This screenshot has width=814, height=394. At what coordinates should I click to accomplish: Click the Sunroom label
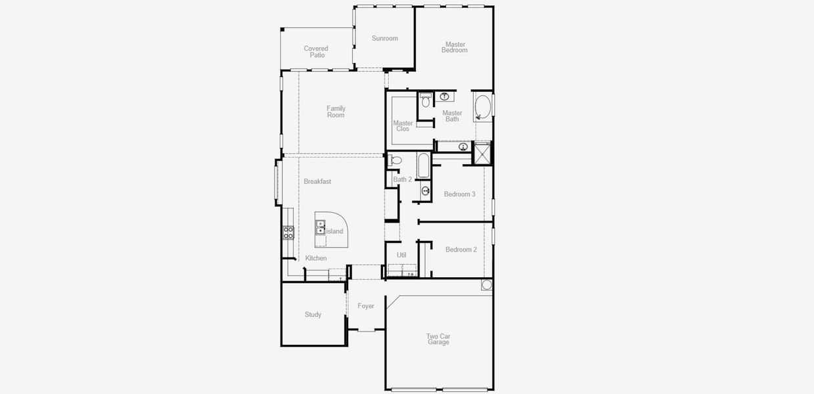385,38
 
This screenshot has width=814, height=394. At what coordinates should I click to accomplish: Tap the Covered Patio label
316,52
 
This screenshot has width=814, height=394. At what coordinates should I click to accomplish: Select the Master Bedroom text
455,47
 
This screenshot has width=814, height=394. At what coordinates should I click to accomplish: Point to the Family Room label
336,112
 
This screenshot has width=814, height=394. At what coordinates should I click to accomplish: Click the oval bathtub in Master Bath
483,108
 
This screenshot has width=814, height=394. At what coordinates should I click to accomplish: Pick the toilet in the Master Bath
426,100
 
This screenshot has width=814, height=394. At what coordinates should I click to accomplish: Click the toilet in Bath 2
396,160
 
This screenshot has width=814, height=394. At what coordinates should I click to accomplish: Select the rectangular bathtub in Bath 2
423,165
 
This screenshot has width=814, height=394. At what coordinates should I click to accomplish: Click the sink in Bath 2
425,191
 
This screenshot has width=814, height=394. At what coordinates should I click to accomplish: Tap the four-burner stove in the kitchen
288,232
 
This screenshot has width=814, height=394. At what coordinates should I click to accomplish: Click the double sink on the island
321,227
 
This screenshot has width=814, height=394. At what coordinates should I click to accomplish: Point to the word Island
335,231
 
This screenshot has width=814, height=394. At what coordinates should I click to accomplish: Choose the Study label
313,315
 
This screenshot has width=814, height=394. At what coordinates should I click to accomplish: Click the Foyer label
366,306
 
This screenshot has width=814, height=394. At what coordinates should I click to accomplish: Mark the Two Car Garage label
438,339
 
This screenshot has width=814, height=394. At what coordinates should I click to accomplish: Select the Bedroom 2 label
461,250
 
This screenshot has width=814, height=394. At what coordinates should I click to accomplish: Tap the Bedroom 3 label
460,194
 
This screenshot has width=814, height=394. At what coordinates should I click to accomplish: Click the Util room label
401,255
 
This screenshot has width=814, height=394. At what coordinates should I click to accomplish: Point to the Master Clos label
403,126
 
